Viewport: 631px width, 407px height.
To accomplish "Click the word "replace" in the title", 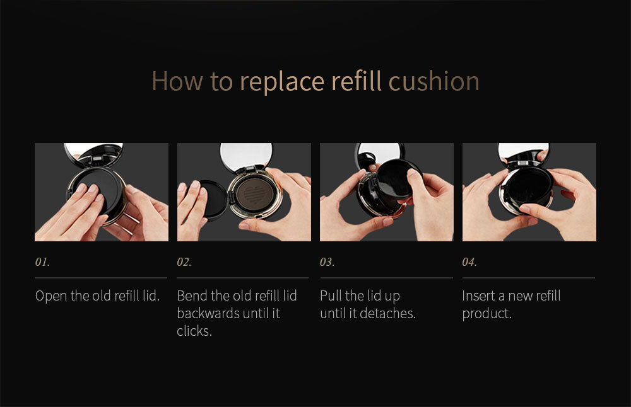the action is (x=282, y=82).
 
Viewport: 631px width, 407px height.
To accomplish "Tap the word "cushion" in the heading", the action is (x=434, y=81).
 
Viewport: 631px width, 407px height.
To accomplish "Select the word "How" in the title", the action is (x=177, y=81).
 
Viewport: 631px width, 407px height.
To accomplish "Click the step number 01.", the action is (x=42, y=262).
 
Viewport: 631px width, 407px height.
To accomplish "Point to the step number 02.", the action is (x=184, y=262).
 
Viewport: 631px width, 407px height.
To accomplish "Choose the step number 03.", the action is (x=327, y=262).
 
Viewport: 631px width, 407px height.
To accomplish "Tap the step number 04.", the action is (x=469, y=262).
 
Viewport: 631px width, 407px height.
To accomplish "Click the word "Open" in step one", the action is (x=51, y=296).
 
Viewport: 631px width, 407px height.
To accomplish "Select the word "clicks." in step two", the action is (x=194, y=331).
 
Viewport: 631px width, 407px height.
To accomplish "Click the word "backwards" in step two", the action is (x=206, y=313).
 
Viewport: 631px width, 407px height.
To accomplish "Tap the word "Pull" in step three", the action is (x=331, y=295).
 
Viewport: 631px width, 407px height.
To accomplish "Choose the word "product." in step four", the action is (x=487, y=314).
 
